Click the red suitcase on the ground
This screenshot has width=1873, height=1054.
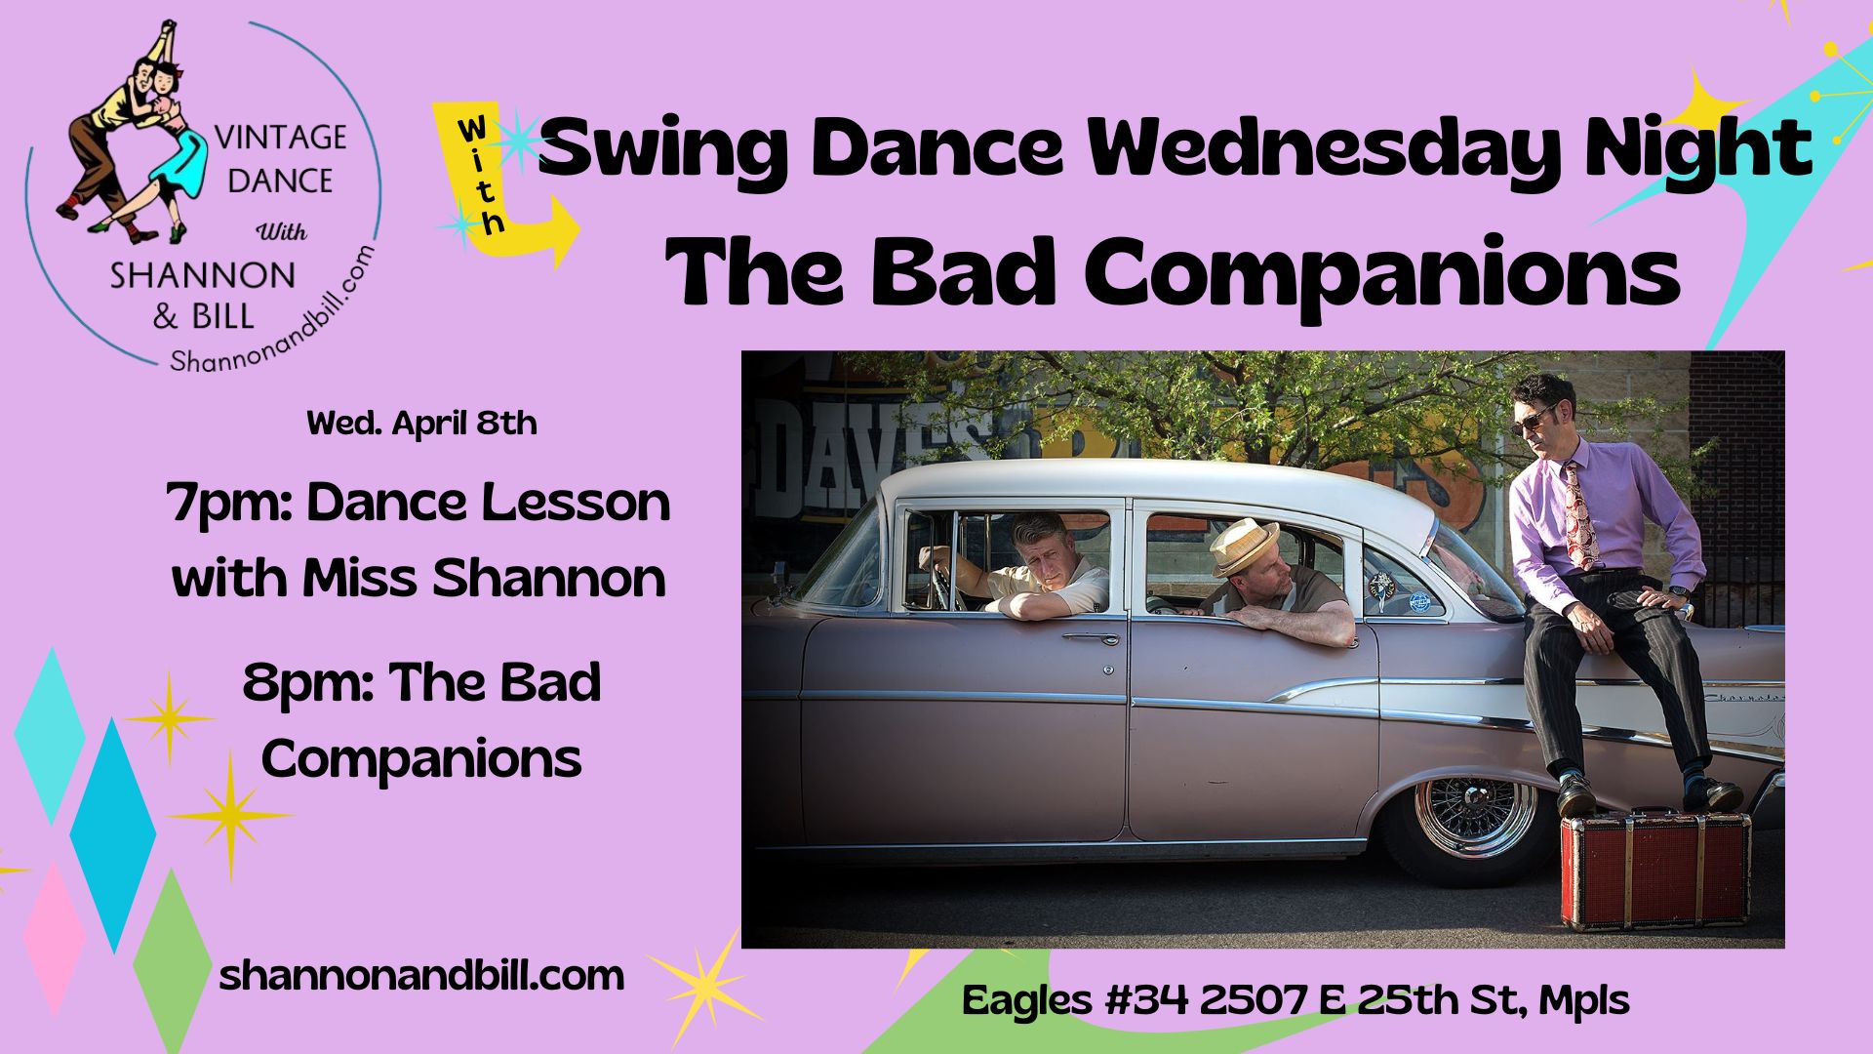tap(1654, 869)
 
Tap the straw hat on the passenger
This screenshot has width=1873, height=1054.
tap(1243, 547)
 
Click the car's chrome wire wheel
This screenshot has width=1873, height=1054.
tap(1475, 816)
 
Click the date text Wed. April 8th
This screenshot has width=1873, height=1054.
tap(421, 423)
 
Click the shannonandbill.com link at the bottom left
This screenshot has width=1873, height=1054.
tap(421, 976)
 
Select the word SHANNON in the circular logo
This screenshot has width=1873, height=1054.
tap(203, 276)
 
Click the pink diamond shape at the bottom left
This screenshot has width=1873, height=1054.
tap(53, 937)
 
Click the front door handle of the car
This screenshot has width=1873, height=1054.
tap(1091, 638)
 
